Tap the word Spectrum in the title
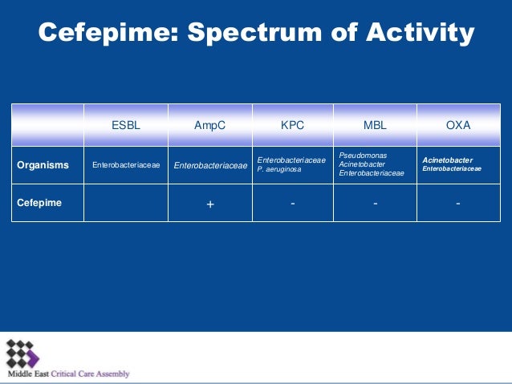pyautogui.click(x=250, y=32)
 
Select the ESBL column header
pyautogui.click(x=125, y=125)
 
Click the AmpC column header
pyautogui.click(x=209, y=125)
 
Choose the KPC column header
pyautogui.click(x=292, y=125)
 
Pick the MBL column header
pyautogui.click(x=375, y=125)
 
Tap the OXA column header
pyautogui.click(x=457, y=125)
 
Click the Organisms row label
pyautogui.click(x=43, y=166)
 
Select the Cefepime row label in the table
pyautogui.click(x=39, y=204)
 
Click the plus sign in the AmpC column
pyautogui.click(x=210, y=204)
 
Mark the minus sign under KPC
pyautogui.click(x=293, y=204)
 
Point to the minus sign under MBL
pyautogui.click(x=376, y=204)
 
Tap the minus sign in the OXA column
pyautogui.click(x=457, y=204)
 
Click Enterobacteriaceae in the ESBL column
pyautogui.click(x=126, y=166)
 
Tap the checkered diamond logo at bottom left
pyautogui.click(x=22, y=354)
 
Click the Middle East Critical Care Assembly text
pyautogui.click(x=68, y=374)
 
